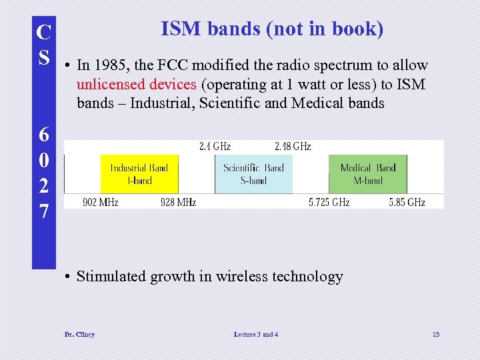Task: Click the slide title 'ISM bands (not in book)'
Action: pos(272,29)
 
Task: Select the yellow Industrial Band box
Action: pos(139,174)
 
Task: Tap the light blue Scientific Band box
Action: pos(254,174)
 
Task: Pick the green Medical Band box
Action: pos(367,174)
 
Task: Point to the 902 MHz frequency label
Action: pos(101,202)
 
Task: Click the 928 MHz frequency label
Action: pos(178,202)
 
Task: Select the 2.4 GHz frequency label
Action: pos(215,146)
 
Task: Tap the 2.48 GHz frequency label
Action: pos(293,146)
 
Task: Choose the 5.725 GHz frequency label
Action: pos(329,202)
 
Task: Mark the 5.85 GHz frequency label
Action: pos(407,202)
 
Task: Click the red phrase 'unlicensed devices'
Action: pos(137,85)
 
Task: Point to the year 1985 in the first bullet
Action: pos(108,65)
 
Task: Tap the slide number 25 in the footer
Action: pos(436,334)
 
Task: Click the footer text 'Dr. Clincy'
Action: pos(79,334)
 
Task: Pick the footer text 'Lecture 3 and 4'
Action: pos(256,334)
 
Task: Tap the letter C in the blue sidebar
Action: pos(43,32)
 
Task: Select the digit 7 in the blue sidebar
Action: pos(43,212)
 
